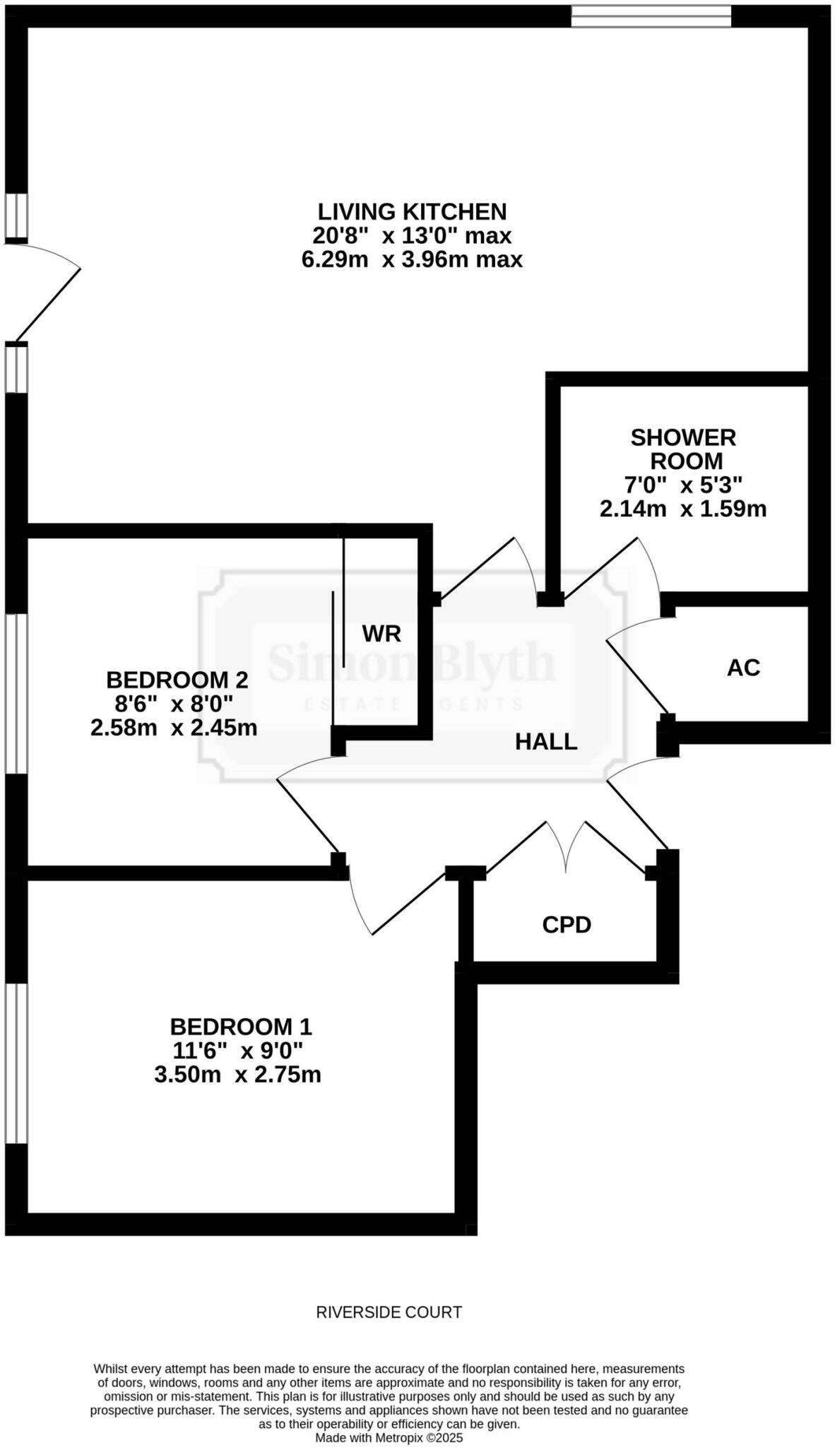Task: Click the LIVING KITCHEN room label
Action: click(412, 211)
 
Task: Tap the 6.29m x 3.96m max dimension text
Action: click(412, 259)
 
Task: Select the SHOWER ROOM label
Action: click(684, 449)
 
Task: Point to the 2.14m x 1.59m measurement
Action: click(683, 509)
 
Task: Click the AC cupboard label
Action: click(743, 667)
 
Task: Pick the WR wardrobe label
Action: click(381, 634)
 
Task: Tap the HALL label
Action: click(546, 741)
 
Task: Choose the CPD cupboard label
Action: click(567, 924)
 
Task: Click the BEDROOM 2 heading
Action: click(177, 680)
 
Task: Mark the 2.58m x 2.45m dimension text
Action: click(174, 727)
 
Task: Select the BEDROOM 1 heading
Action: click(240, 1026)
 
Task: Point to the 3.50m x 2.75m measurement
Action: click(237, 1075)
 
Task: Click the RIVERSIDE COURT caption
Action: click(389, 1312)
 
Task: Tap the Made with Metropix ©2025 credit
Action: click(389, 1437)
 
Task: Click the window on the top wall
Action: click(651, 16)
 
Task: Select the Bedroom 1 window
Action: click(16, 1063)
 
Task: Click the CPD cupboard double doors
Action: click(567, 848)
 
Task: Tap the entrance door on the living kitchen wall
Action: click(42, 293)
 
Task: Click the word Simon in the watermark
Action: click(314, 663)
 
